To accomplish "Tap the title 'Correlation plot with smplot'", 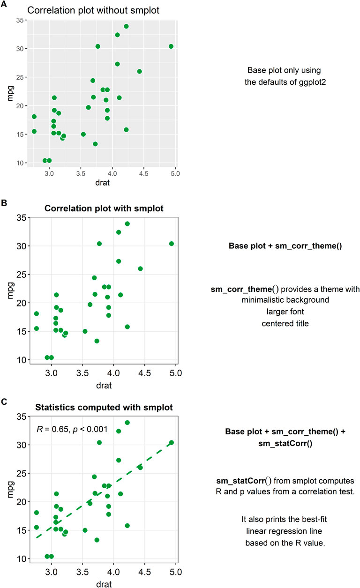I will click(x=104, y=208).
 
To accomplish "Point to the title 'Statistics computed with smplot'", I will click(x=104, y=407).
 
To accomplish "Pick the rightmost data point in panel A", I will click(x=171, y=46).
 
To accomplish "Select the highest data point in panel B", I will click(x=127, y=223).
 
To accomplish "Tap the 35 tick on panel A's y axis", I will click(x=20, y=20).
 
